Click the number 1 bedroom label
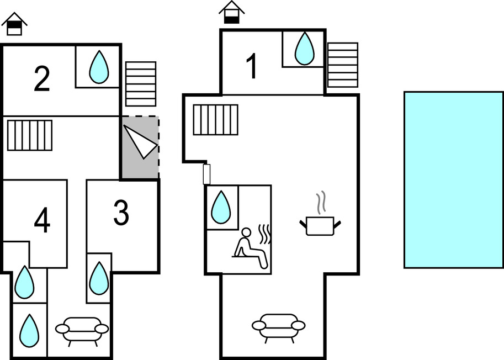[252, 67]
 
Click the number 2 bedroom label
[42, 79]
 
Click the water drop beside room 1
[304, 49]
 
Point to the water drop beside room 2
[99, 67]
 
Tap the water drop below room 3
[99, 278]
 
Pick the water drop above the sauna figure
[221, 207]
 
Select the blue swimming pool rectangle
[453, 179]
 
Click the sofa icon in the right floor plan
[278, 325]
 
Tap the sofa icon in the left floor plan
[82, 331]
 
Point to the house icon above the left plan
[14, 24]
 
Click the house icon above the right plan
[232, 12]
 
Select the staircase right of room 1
[342, 65]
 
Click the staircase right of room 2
[141, 83]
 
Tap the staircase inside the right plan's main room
[215, 119]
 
